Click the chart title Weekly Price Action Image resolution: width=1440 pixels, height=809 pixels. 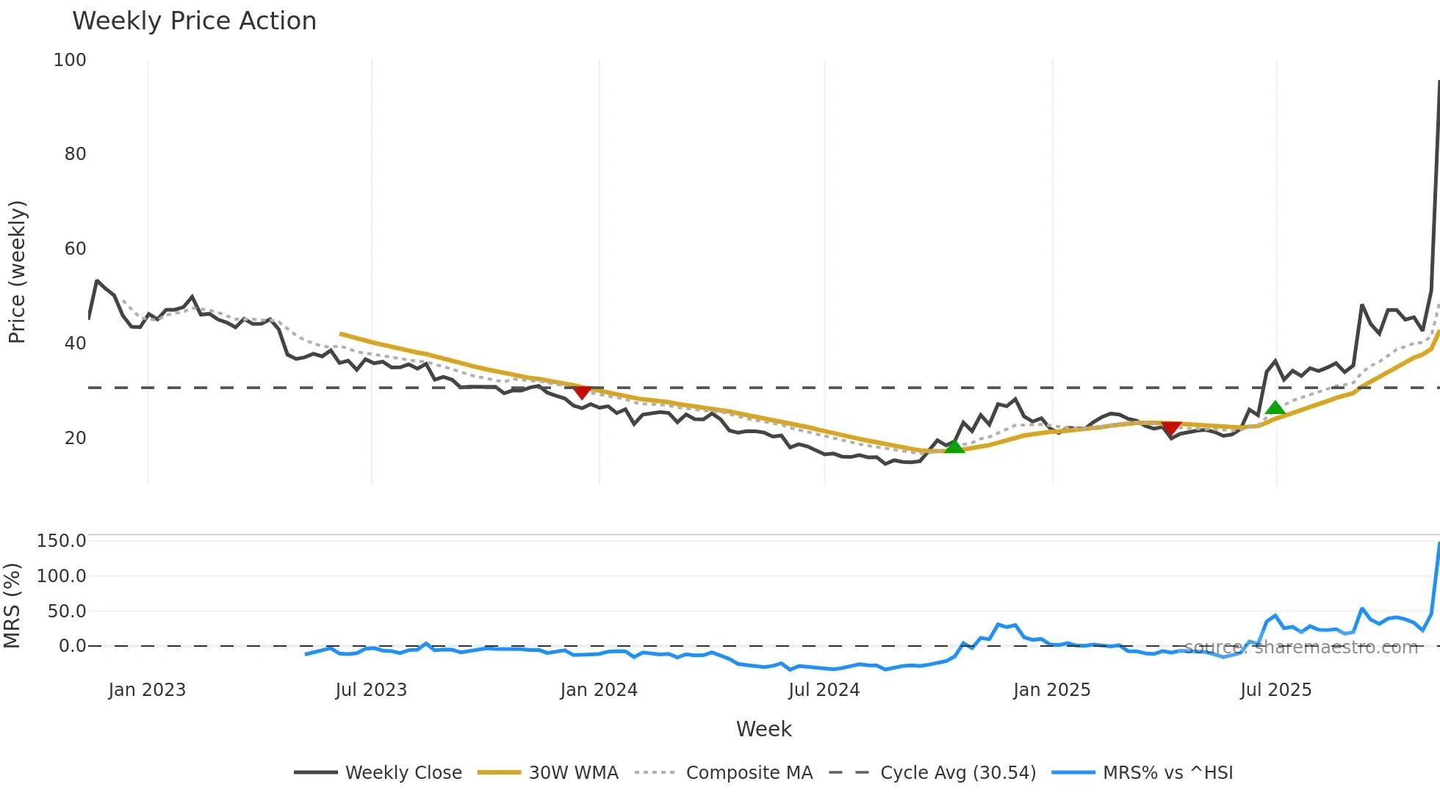click(x=194, y=21)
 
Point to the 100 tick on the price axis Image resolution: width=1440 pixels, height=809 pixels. click(x=70, y=60)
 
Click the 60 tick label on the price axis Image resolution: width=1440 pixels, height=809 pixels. click(x=75, y=249)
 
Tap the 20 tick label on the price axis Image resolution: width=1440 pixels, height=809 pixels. click(x=75, y=438)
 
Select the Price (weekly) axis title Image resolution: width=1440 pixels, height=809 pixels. click(x=17, y=272)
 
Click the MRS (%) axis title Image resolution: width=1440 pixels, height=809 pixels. click(x=12, y=606)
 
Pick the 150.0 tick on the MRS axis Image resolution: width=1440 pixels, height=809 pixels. click(x=62, y=541)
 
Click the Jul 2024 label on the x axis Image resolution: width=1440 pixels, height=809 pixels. click(x=824, y=690)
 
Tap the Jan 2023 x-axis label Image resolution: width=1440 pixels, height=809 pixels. click(x=147, y=690)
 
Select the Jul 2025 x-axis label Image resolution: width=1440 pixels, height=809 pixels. click(x=1275, y=690)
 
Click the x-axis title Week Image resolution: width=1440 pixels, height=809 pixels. click(x=763, y=729)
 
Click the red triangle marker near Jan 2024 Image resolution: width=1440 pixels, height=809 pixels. click(x=582, y=393)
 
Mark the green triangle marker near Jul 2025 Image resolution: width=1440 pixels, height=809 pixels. click(x=1275, y=408)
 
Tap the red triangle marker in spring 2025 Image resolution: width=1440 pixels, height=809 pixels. click(x=1171, y=428)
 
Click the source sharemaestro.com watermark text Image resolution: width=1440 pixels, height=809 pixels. click(x=1300, y=647)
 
